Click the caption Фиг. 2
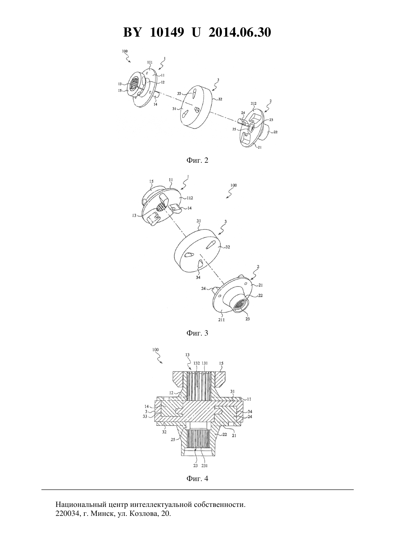click(x=197, y=160)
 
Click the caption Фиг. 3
click(x=197, y=333)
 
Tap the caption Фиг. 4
click(x=197, y=479)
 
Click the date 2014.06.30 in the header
click(x=240, y=32)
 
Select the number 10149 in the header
click(x=167, y=32)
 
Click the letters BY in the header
click(x=132, y=32)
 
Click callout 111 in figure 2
click(x=150, y=62)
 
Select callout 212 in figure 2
click(x=254, y=103)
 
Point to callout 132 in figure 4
click(x=197, y=363)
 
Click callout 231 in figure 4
click(x=204, y=466)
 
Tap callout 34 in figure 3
click(x=198, y=277)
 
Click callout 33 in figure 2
click(x=179, y=93)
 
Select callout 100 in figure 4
click(x=155, y=350)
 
